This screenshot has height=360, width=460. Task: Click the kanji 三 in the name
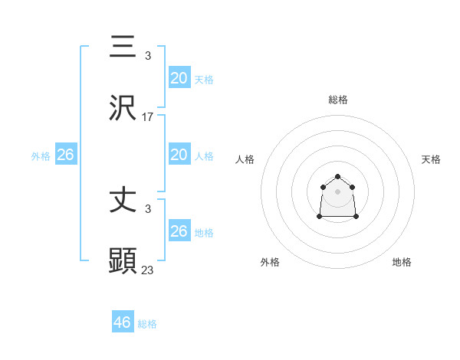[123, 46]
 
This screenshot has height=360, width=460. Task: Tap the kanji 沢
[123, 107]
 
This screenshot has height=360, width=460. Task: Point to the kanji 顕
[123, 261]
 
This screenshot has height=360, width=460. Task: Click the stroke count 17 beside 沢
[148, 117]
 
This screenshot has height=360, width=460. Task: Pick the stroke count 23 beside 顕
[148, 270]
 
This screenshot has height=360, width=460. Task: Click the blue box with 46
[123, 322]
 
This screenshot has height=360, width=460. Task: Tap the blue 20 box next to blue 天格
[179, 78]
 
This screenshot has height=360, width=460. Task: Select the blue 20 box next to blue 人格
[179, 155]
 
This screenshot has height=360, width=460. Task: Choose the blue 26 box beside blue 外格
[65, 155]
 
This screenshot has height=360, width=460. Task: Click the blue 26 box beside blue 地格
[179, 231]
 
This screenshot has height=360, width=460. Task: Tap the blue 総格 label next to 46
[147, 324]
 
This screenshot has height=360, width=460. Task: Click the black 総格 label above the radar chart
[338, 100]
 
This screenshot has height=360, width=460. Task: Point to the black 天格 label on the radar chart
[431, 159]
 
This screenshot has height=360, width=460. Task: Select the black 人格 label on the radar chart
[245, 159]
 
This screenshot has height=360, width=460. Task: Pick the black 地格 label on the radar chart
[402, 262]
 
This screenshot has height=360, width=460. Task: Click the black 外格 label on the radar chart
[270, 262]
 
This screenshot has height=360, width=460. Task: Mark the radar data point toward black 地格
[356, 217]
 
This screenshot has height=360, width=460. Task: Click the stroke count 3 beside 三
[148, 56]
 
